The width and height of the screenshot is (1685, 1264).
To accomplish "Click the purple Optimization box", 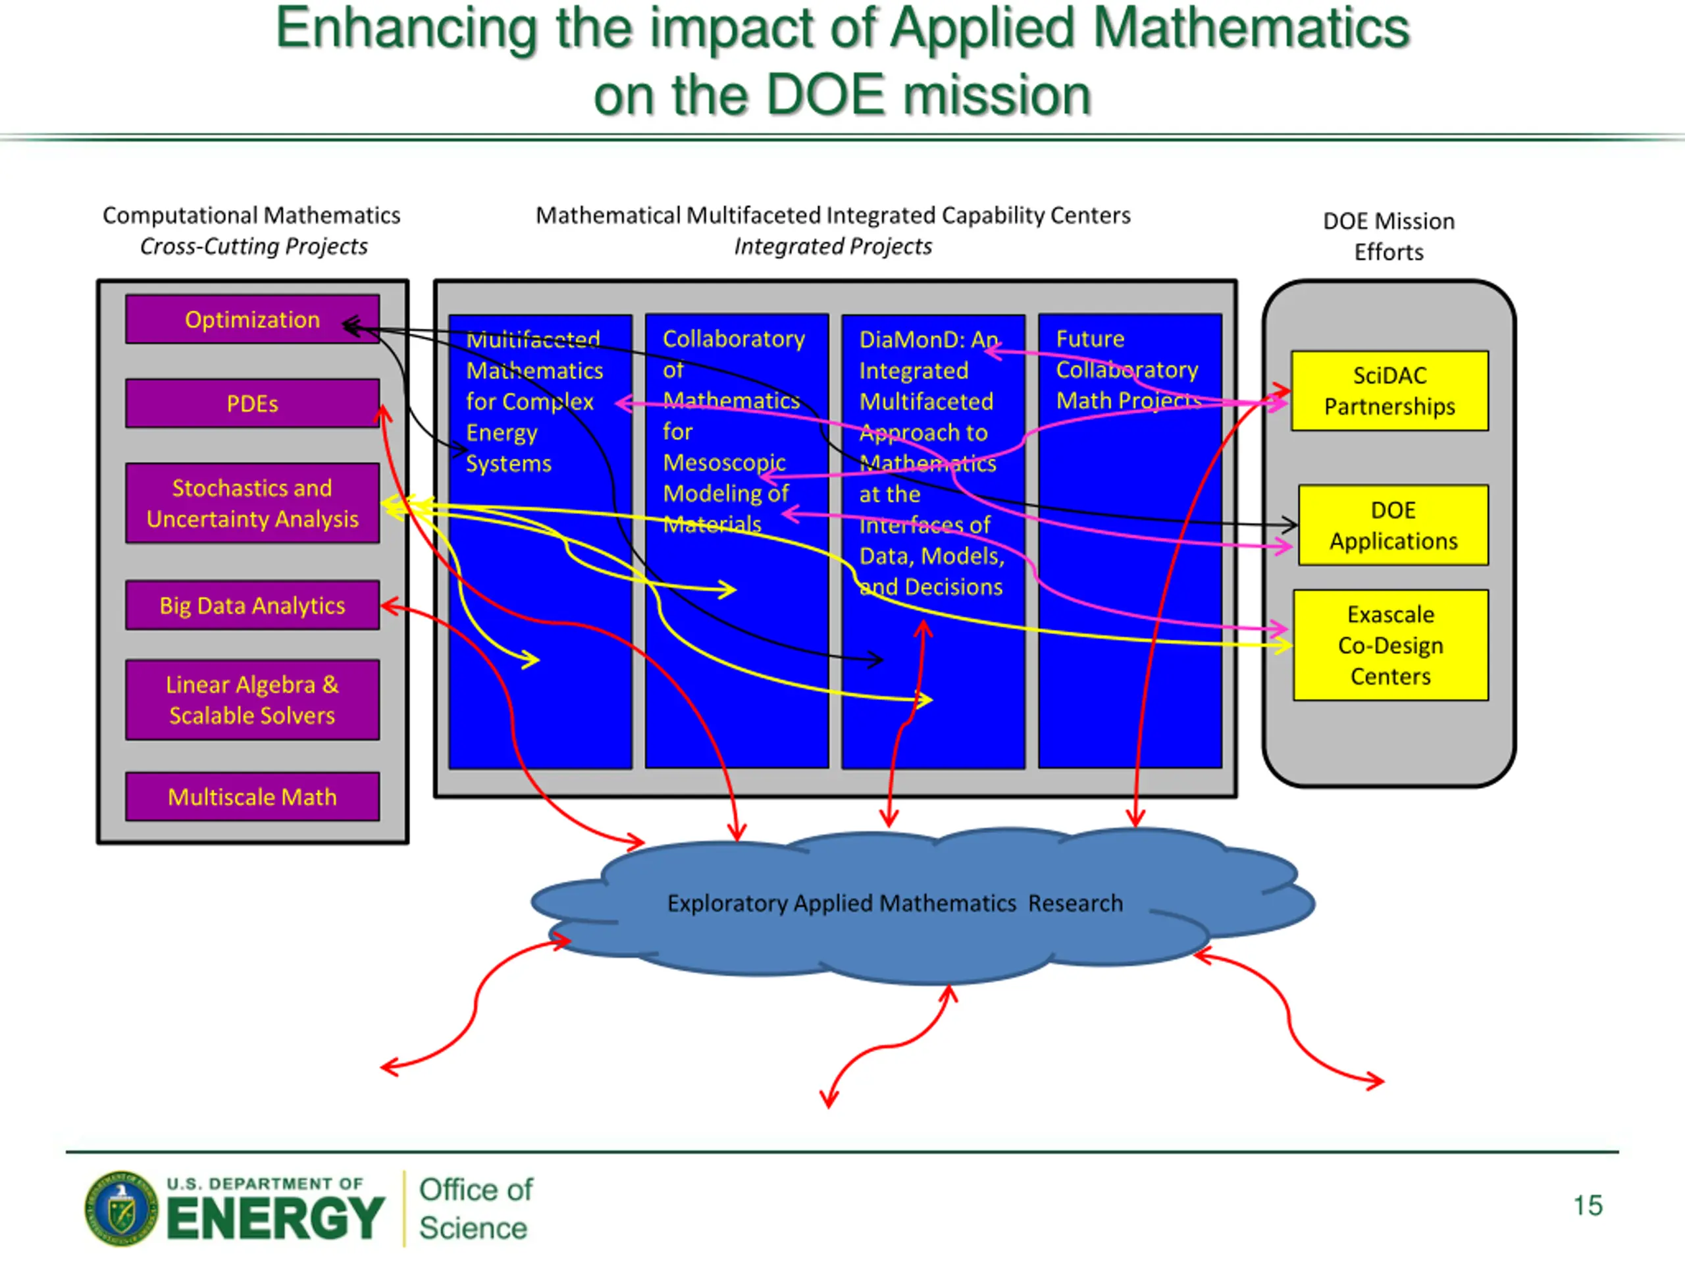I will tap(252, 319).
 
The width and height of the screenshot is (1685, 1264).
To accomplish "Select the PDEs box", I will tap(252, 403).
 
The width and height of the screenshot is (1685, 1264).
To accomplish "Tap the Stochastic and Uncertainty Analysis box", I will tap(252, 503).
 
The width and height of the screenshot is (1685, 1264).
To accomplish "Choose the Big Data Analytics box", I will tap(252, 605).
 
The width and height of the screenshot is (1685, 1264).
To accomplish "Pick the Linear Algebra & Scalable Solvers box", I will tap(252, 699).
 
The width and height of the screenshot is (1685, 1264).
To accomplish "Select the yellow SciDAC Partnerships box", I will tap(1389, 391).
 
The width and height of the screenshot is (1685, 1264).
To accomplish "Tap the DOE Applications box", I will tap(1393, 525).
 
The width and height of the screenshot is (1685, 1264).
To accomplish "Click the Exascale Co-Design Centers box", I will tap(1390, 645).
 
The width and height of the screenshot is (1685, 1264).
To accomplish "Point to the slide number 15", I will tap(1588, 1205).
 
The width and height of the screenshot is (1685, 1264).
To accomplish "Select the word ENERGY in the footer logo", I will tap(275, 1219).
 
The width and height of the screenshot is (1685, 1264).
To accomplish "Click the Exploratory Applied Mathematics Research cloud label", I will tap(894, 903).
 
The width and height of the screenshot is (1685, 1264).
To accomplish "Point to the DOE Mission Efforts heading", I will tap(1388, 236).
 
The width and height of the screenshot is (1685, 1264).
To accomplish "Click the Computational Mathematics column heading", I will tap(251, 216).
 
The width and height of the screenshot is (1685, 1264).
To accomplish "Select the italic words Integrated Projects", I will tap(833, 247).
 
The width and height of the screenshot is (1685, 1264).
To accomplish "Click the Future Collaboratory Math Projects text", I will tap(1127, 369).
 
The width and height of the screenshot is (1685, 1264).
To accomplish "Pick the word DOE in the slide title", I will tap(825, 95).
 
